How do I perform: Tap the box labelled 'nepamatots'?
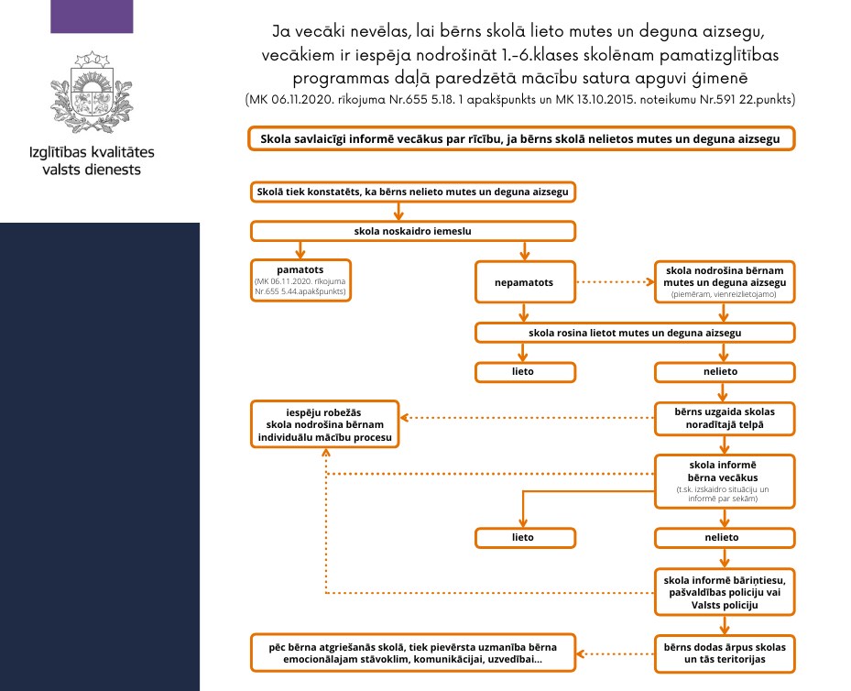pyautogui.click(x=523, y=282)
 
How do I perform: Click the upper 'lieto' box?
pyautogui.click(x=522, y=371)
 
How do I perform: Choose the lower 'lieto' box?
pyautogui.click(x=522, y=536)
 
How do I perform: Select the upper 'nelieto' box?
pyautogui.click(x=723, y=371)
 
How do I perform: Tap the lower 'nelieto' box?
pyautogui.click(x=723, y=536)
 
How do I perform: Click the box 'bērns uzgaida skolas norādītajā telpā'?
pyautogui.click(x=723, y=420)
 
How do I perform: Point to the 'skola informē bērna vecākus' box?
pyautogui.click(x=723, y=478)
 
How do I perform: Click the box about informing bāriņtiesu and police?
pyautogui.click(x=723, y=592)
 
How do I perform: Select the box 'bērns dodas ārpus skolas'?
pyautogui.click(x=723, y=652)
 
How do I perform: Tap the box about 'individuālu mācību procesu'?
pyautogui.click(x=326, y=424)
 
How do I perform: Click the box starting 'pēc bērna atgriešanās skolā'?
pyautogui.click(x=411, y=652)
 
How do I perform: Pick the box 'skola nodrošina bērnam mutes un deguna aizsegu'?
pyautogui.click(x=723, y=281)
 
